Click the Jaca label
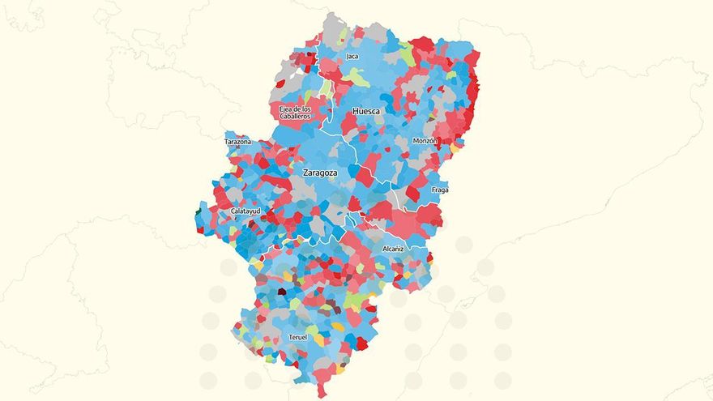[352, 57]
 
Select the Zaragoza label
[319, 173]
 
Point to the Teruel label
[297, 337]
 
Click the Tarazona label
[237, 142]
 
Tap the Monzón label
[425, 141]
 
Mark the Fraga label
[440, 190]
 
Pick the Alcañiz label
[392, 249]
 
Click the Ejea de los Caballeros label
[295, 113]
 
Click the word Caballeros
[295, 117]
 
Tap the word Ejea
[285, 109]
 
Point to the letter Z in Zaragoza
[305, 173]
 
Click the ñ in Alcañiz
[396, 249]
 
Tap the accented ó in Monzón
[433, 141]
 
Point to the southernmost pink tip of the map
[322, 394]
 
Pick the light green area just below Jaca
[357, 79]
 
